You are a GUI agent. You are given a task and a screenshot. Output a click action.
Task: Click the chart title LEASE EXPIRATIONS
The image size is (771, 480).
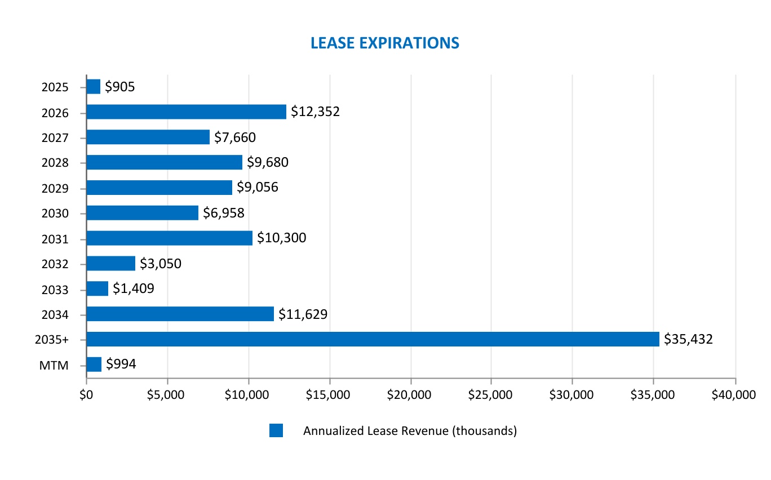click(385, 43)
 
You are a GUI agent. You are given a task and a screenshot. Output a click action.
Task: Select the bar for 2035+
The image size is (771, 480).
click(373, 339)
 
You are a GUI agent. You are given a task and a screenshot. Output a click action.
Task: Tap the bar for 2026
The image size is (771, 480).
click(186, 112)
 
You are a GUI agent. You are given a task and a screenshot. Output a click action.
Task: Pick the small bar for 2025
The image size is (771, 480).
click(94, 86)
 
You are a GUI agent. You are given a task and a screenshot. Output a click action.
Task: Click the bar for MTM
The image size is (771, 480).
click(94, 365)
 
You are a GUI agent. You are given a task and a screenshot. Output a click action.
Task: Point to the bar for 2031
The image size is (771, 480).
click(169, 238)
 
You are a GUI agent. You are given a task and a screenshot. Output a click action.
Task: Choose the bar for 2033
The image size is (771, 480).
click(97, 288)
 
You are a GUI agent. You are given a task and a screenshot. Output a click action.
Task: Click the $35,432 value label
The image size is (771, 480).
click(688, 339)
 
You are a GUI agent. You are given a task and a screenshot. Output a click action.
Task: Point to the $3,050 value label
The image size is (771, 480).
click(161, 263)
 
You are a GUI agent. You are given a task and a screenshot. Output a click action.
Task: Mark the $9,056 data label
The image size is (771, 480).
click(258, 188)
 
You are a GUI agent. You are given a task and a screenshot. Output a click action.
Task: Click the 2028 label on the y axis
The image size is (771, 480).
click(55, 163)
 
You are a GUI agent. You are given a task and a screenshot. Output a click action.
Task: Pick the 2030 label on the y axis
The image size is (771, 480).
click(55, 214)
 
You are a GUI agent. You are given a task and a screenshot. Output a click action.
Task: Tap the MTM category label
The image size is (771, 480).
click(54, 365)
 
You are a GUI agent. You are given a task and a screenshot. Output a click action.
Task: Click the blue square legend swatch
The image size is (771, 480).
click(276, 431)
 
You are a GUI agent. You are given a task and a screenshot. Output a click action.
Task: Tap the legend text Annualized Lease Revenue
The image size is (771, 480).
click(410, 431)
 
